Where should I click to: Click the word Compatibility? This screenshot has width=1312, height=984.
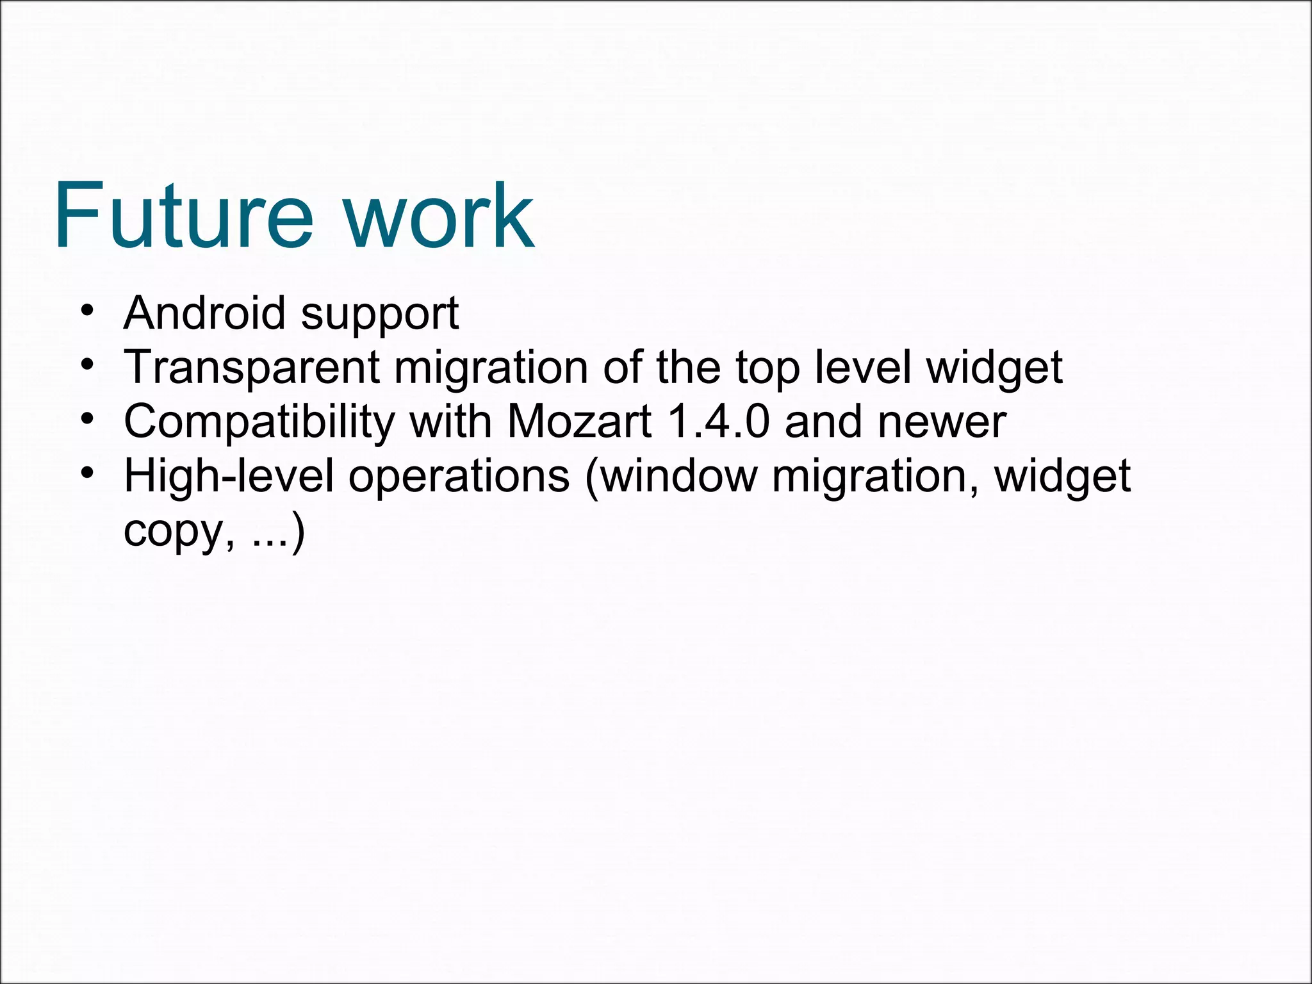coord(259,422)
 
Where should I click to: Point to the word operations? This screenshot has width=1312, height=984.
coord(459,477)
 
